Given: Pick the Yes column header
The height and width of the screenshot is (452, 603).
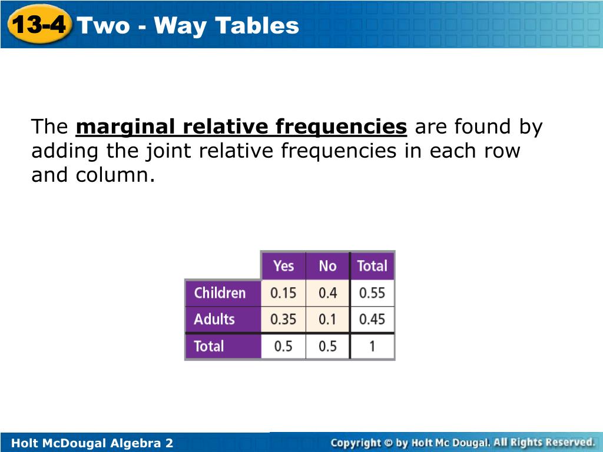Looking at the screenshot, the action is tap(283, 266).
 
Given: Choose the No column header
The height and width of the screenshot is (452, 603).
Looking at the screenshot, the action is tap(327, 266).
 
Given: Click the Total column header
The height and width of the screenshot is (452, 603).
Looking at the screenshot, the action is tap(372, 266).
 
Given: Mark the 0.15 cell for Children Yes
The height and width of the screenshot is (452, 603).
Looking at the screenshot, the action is tap(283, 293).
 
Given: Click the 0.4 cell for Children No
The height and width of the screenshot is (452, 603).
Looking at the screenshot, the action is tap(327, 293).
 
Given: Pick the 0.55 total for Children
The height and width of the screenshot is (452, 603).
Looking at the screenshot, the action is tap(372, 293).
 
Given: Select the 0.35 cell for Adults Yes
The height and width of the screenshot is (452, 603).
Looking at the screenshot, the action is tap(283, 320).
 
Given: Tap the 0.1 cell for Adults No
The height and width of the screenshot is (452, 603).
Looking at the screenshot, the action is tap(327, 320).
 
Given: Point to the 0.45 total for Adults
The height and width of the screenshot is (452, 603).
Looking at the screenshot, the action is tap(372, 320).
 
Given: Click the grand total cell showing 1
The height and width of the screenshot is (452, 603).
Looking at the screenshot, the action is tap(372, 346).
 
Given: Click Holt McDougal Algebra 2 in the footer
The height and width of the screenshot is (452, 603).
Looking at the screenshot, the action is tap(92, 443).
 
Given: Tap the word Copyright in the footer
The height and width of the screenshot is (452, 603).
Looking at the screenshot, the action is tap(356, 443).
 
